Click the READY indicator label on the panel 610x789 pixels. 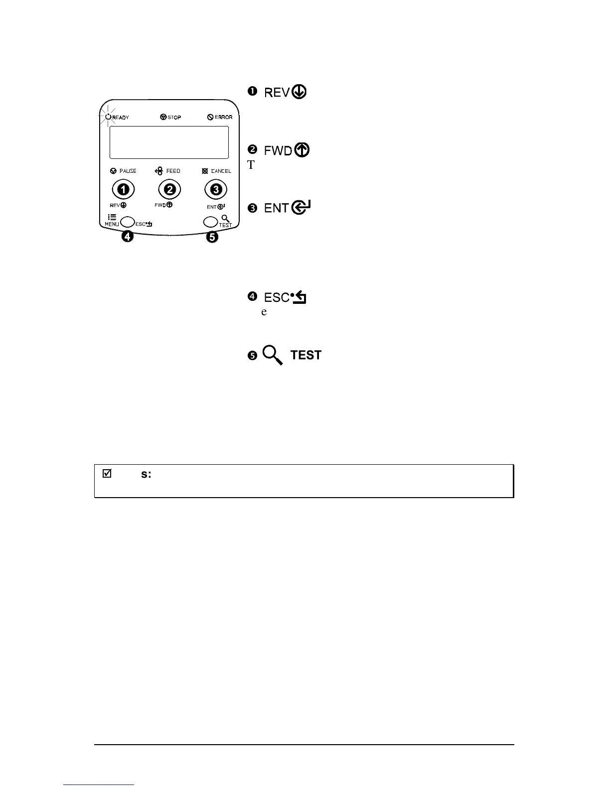(121, 118)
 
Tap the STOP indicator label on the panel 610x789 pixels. (174, 118)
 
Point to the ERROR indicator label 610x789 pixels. (223, 118)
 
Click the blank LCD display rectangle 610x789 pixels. (168, 142)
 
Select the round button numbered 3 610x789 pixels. (216, 189)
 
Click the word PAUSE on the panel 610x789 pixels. (128, 171)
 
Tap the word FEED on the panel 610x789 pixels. (173, 171)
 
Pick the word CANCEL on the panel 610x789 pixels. (221, 171)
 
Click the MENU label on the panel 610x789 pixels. (112, 224)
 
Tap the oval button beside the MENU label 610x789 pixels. (128, 222)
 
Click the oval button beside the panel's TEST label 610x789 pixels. (210, 222)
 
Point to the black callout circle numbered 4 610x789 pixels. (128, 237)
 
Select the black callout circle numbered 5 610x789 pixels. (212, 237)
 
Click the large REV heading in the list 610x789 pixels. (277, 93)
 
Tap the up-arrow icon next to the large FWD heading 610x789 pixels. (302, 150)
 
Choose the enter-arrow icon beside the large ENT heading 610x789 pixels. (302, 207)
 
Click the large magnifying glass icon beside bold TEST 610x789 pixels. (273, 355)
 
